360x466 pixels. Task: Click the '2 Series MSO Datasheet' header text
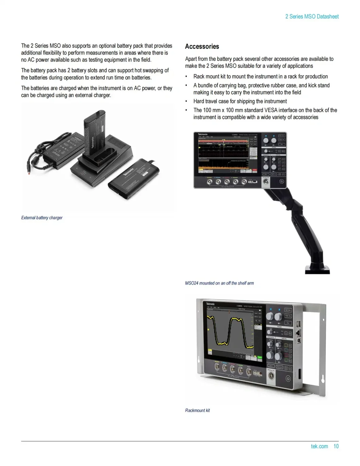[312, 16]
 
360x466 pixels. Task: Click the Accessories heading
[202, 47]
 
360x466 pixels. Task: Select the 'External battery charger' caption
[42, 218]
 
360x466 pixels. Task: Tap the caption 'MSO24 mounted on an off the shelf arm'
[219, 283]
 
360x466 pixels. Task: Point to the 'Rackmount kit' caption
[197, 411]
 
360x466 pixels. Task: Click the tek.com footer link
[319, 446]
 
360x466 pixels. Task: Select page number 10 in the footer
[336, 446]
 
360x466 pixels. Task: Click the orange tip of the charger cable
[29, 172]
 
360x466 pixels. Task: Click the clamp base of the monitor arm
[317, 269]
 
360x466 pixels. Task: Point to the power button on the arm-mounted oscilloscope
[281, 182]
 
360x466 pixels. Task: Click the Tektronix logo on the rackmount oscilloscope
[211, 304]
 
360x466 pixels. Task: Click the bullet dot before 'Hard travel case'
[186, 101]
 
